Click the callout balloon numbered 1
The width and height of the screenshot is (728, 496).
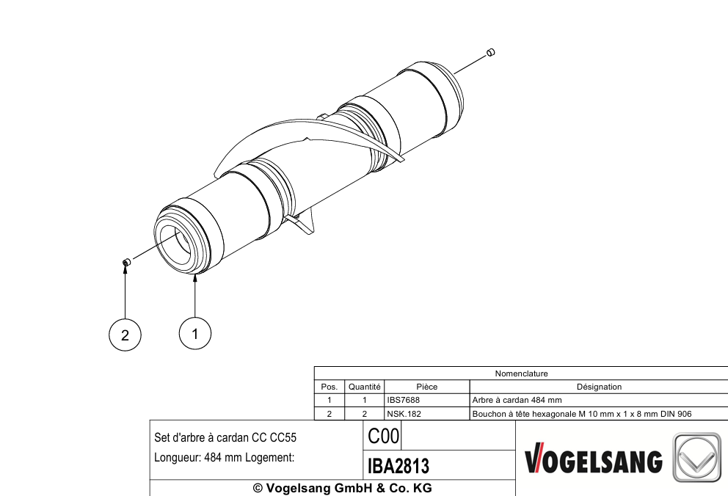[x=195, y=333]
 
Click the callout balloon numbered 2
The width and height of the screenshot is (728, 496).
[x=125, y=335]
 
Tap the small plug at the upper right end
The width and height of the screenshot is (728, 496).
[x=490, y=52]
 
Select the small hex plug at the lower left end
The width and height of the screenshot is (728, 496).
[x=125, y=263]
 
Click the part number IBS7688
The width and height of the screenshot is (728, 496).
[x=403, y=400]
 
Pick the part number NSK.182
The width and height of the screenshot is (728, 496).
[x=404, y=414]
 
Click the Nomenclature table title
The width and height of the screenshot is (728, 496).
[x=521, y=373]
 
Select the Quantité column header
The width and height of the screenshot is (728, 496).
[x=365, y=387]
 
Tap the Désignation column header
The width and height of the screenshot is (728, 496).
[x=599, y=387]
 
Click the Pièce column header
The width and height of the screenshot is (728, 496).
[x=426, y=387]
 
